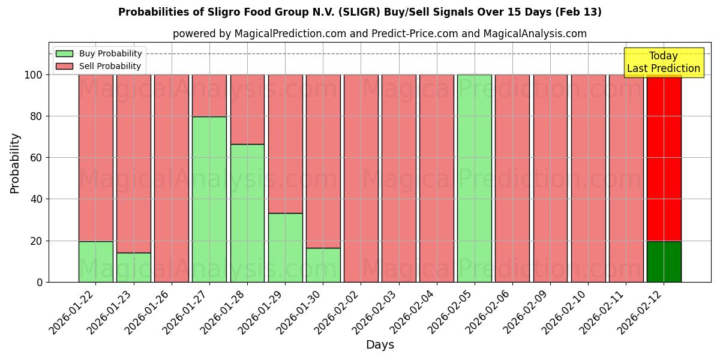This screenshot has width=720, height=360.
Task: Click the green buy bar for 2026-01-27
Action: click(209, 199)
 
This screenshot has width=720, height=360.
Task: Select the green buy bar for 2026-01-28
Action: click(247, 213)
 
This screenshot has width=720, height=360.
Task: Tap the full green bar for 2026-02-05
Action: click(474, 178)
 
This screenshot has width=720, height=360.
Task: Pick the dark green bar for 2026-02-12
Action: click(664, 262)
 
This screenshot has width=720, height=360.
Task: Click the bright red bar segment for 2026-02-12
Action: click(664, 157)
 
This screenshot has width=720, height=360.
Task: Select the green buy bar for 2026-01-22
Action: click(96, 262)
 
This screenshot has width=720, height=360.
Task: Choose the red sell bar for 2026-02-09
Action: click(550, 178)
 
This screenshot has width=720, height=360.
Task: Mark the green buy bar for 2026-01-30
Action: click(323, 265)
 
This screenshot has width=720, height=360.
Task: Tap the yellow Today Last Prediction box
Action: click(663, 62)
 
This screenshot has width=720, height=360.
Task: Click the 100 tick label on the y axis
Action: click(34, 75)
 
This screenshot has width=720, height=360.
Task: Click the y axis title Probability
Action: click(15, 163)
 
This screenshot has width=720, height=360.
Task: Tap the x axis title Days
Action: click(380, 344)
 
